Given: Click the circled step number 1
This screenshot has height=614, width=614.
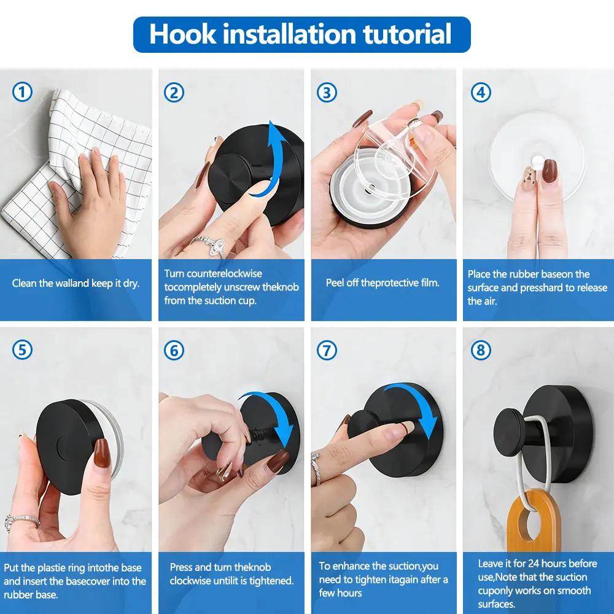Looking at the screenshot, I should pyautogui.click(x=22, y=93).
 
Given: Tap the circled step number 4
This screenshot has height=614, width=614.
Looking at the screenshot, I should pyautogui.click(x=480, y=93).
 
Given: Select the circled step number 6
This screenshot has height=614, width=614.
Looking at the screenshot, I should pyautogui.click(x=174, y=350).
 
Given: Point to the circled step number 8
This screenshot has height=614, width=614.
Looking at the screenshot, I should pyautogui.click(x=480, y=350).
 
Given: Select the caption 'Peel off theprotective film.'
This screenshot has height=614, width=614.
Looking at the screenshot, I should pyautogui.click(x=383, y=283).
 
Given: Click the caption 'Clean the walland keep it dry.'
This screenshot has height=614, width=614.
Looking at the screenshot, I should pyautogui.click(x=76, y=283).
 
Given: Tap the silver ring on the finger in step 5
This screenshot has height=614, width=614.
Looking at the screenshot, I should pyautogui.click(x=21, y=522).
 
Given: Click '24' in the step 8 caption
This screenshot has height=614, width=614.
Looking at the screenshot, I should pyautogui.click(x=533, y=563).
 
